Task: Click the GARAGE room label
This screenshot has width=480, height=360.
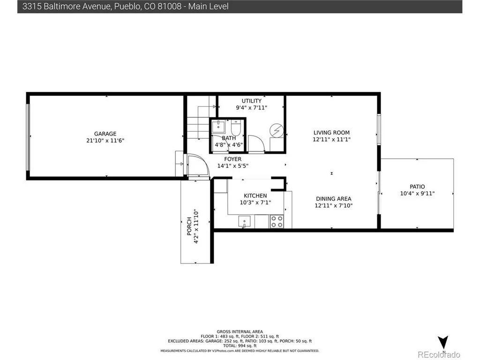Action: point(105,134)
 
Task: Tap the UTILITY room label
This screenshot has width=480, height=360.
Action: point(252,101)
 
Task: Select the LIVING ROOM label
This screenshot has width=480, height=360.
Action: point(331,133)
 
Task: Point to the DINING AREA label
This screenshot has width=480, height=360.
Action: point(334,199)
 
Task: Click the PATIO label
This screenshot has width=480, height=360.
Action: point(417,187)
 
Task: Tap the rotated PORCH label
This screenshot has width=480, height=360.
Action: point(189,226)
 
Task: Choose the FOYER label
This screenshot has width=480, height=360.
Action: point(232,159)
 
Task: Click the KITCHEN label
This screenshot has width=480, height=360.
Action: point(255,195)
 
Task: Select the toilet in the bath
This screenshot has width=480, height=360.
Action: point(236,128)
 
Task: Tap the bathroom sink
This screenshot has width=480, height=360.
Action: point(218,127)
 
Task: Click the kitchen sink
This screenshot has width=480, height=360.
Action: point(244,221)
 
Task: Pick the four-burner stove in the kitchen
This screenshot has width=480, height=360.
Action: point(277,221)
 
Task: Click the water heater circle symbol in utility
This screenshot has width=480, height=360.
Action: point(277,131)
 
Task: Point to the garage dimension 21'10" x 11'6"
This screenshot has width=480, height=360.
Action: point(105,141)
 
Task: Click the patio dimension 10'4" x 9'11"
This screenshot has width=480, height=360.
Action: point(417,194)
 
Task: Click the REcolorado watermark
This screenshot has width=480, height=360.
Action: point(439,354)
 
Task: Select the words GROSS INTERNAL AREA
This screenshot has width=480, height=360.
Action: point(240,331)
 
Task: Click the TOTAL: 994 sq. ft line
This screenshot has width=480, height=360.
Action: point(240,345)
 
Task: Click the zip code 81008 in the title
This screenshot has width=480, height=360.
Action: point(169,7)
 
